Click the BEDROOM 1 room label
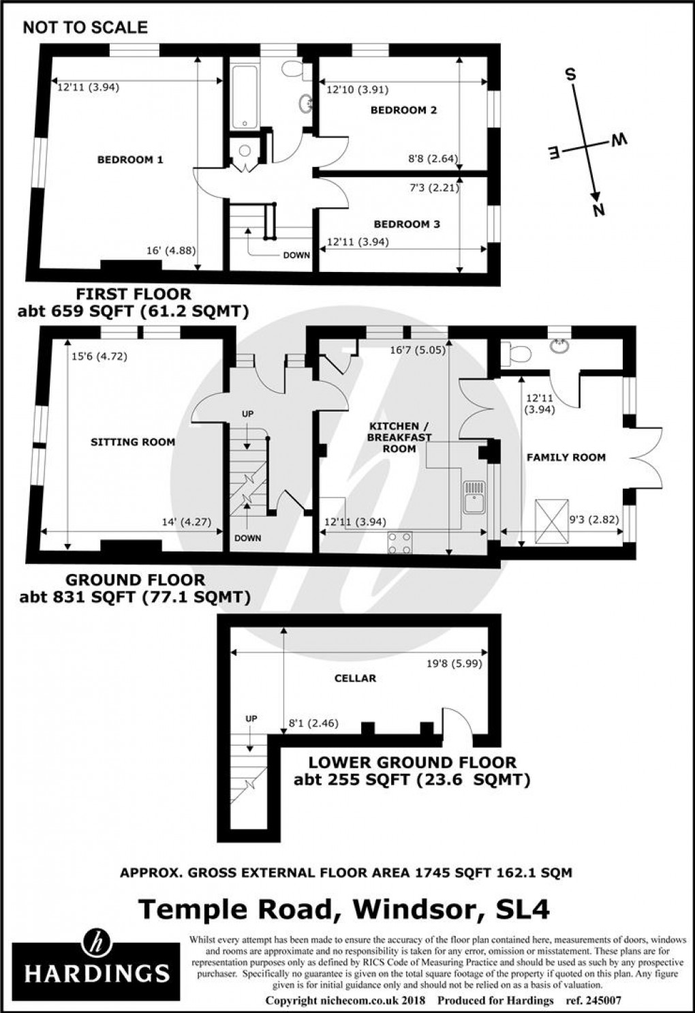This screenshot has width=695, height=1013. pos(130,160)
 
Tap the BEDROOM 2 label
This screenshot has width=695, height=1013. pos(403,110)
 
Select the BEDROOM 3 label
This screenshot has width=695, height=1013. pos(406,224)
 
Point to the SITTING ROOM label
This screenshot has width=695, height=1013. pos(133,442)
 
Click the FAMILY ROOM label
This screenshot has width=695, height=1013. pos(566,457)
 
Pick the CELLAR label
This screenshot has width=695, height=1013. pos(355,678)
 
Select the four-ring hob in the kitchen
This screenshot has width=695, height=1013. pos(400,541)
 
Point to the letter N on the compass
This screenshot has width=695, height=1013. pos(599,211)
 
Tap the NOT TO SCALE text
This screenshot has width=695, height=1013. pos(84,27)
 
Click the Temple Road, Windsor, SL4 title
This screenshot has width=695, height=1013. pos(344,909)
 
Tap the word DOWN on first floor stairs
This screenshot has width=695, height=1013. pos(296,255)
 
